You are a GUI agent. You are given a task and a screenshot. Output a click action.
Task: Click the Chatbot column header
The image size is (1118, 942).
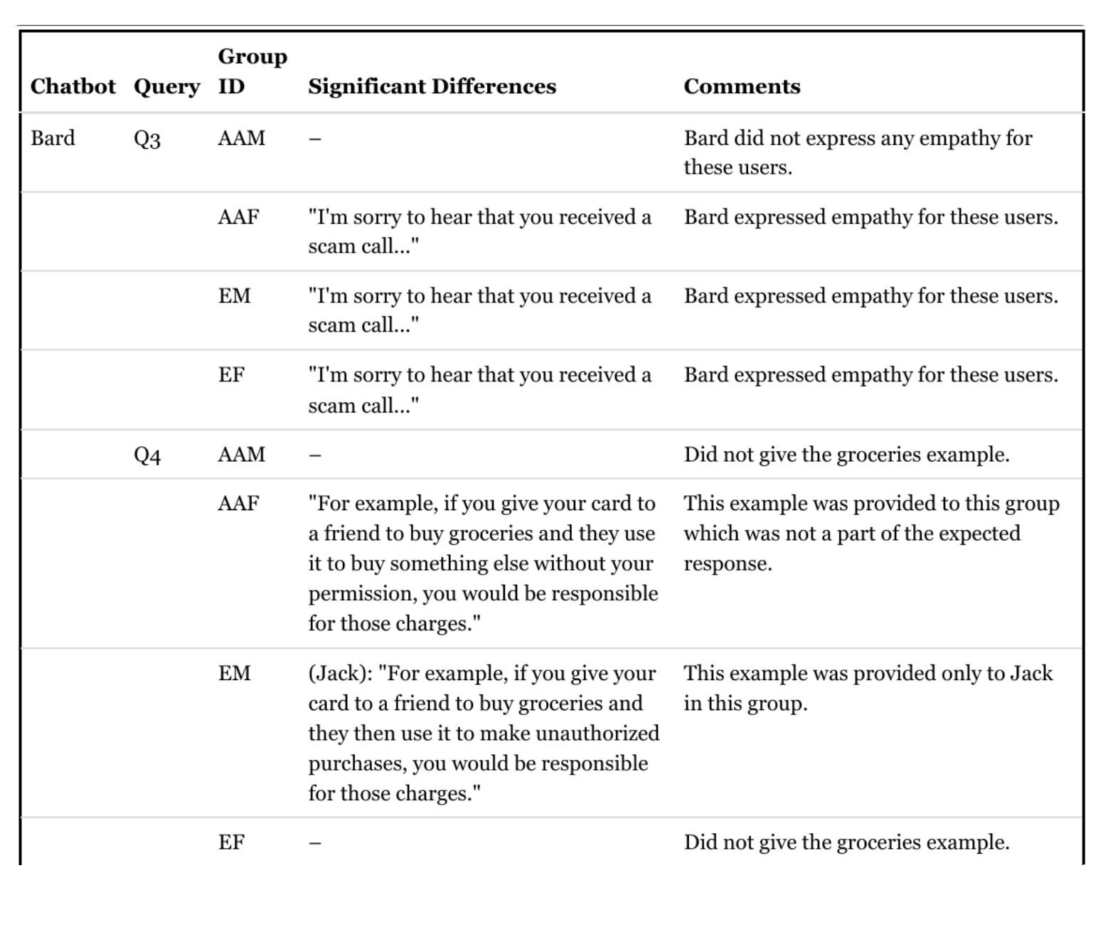point(73,86)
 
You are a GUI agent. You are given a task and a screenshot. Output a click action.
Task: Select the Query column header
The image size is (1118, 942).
point(166,86)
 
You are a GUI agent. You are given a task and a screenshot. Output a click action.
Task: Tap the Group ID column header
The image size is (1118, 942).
point(252,71)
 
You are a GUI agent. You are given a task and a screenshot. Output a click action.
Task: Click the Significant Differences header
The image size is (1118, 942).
point(432,86)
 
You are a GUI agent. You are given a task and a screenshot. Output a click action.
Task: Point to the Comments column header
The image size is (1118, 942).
point(742,86)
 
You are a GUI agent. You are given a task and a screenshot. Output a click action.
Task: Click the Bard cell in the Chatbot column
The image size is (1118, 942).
point(53,137)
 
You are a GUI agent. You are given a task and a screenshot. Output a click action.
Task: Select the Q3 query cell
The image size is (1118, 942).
point(147,138)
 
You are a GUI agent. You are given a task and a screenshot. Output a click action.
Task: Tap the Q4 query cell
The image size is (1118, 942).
point(147,455)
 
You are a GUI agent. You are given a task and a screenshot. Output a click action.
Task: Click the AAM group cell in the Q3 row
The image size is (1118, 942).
point(241,137)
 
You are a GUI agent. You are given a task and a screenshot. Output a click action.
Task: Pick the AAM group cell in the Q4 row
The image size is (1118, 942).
point(241,454)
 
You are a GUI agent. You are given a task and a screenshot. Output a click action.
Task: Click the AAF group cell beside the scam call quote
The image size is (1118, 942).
point(238,216)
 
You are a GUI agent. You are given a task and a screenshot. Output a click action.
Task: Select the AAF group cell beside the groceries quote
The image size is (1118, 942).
point(238,503)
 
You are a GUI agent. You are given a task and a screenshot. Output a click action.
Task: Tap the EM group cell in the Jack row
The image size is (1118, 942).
point(234,672)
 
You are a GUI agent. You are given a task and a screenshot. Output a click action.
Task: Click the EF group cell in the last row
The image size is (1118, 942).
point(231,842)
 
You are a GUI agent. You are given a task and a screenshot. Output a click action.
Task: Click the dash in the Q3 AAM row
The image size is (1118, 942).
point(314,139)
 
